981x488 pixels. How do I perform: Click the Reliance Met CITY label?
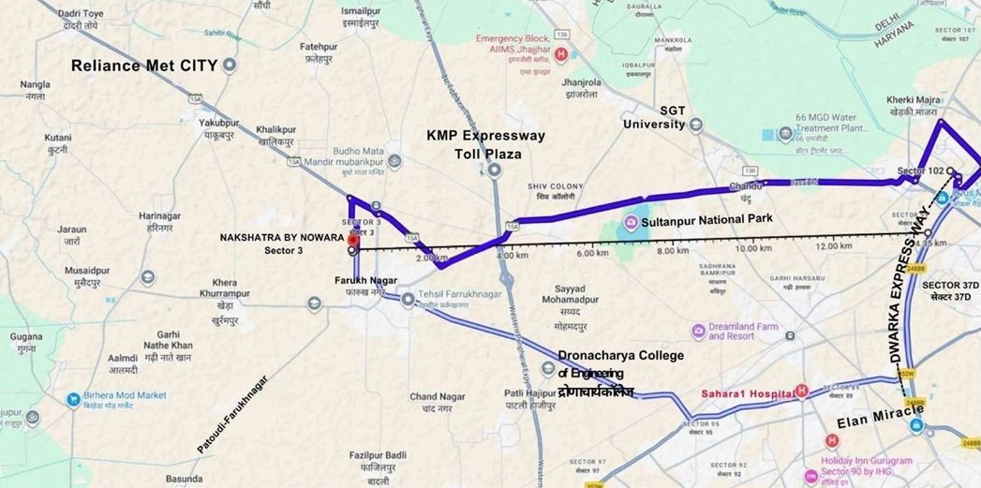coord(145,66)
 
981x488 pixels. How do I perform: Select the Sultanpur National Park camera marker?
coord(632,223)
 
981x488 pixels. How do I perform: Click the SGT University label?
coord(673,117)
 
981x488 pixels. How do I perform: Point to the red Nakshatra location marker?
coord(352,240)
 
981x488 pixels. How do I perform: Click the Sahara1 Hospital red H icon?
coord(801,391)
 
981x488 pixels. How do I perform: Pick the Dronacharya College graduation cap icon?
coord(549,367)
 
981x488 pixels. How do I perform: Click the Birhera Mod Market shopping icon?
coord(73,399)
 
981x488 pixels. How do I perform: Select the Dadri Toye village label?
coord(81,20)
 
